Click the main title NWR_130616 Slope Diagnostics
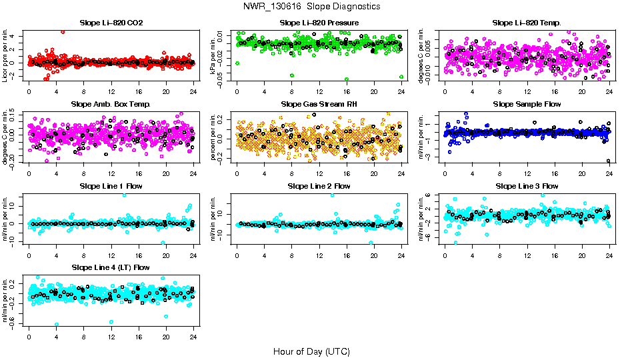[312, 6]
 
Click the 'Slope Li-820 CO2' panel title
[111, 23]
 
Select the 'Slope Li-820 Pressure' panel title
[319, 23]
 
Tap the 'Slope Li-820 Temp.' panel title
[527, 23]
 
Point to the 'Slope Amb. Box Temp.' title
[111, 104]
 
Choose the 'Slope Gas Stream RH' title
[319, 104]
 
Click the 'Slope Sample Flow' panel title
[527, 104]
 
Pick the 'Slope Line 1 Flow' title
[111, 186]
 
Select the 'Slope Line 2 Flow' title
[319, 186]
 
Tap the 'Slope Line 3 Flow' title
[527, 186]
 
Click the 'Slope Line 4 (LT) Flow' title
[111, 267]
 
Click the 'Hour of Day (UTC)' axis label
[311, 351]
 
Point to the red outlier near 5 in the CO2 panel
[63, 31]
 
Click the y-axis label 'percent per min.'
[214, 137]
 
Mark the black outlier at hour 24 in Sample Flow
[609, 161]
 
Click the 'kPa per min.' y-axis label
[214, 55]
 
